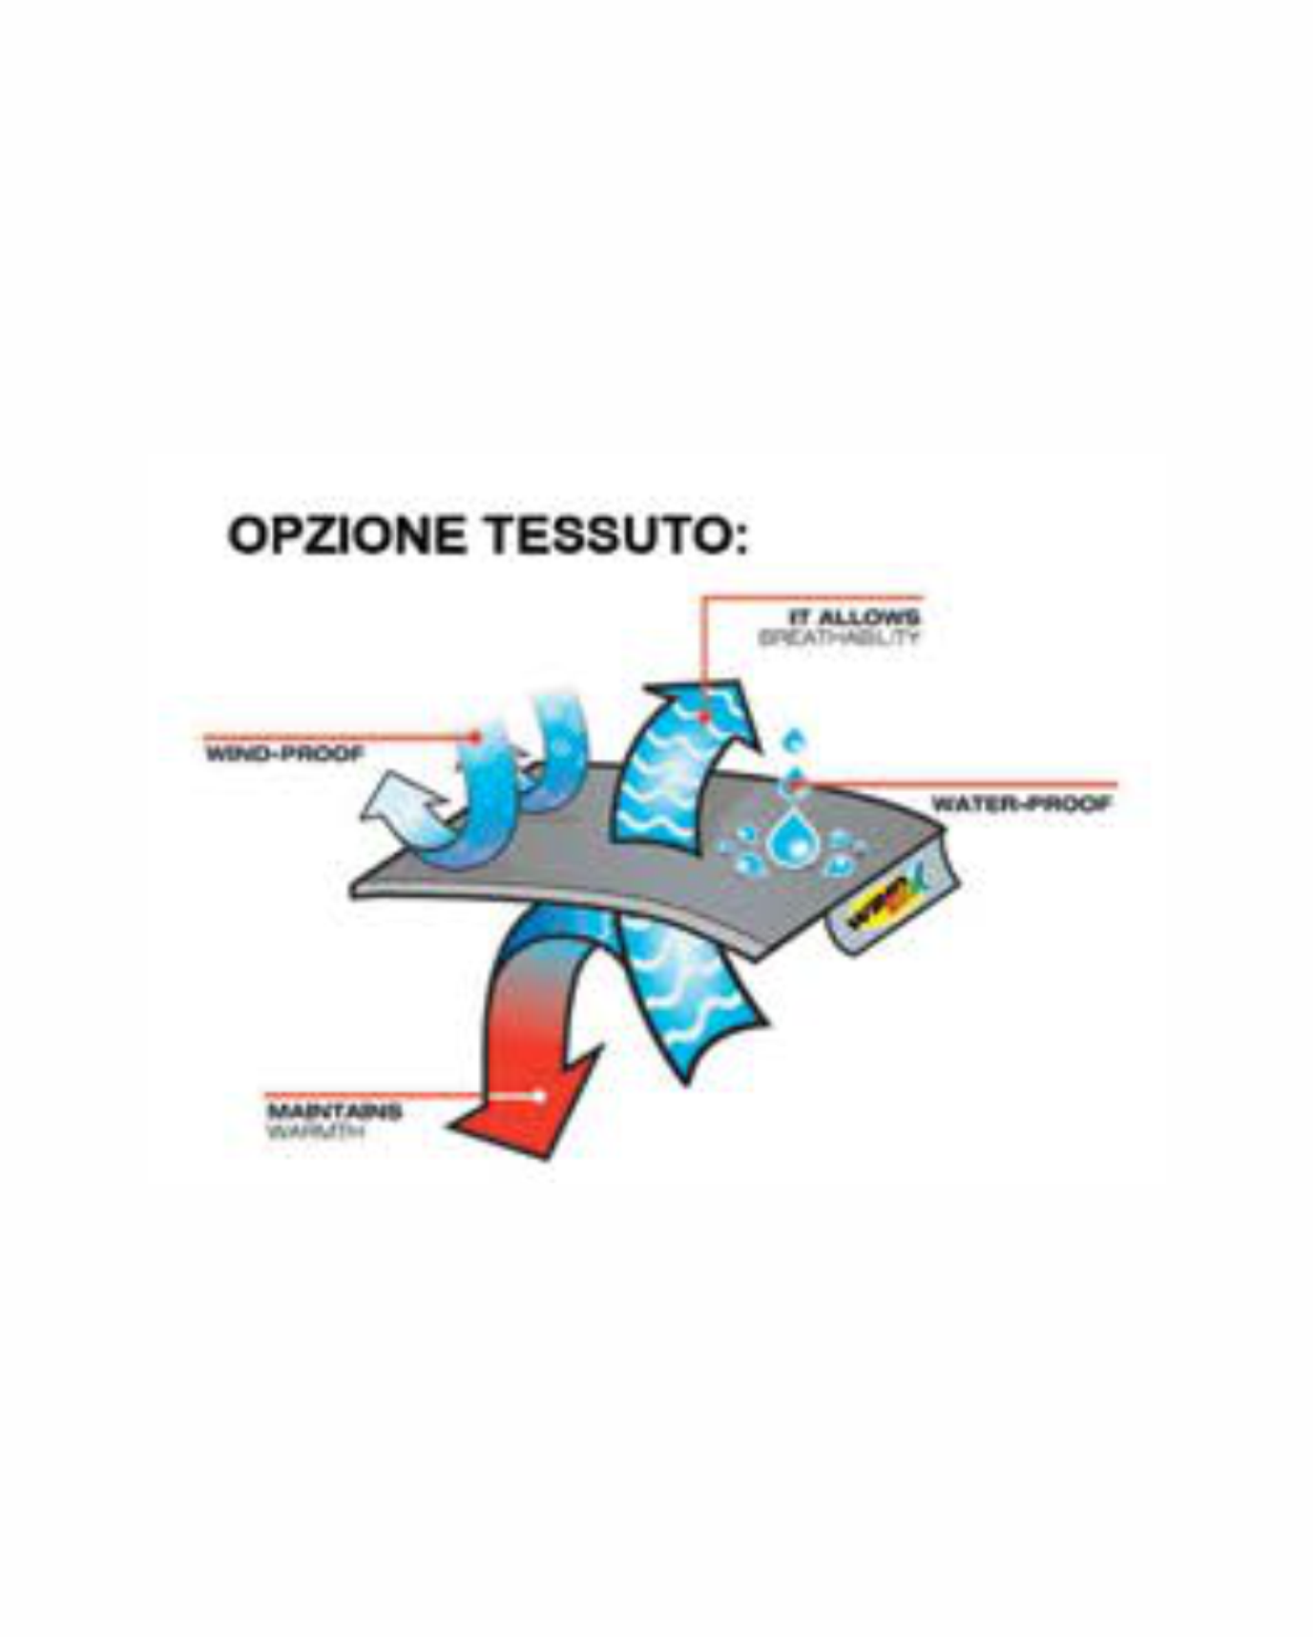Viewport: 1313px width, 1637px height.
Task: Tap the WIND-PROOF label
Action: pyautogui.click(x=285, y=755)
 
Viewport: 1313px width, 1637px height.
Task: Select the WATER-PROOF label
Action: pyautogui.click(x=1021, y=803)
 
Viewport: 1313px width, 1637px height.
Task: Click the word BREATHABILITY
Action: pyautogui.click(x=840, y=637)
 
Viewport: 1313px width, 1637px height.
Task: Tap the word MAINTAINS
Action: pyautogui.click(x=334, y=1111)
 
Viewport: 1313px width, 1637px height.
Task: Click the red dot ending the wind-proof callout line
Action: pyautogui.click(x=476, y=736)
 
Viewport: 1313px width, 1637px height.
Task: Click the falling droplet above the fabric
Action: pyautogui.click(x=794, y=740)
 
